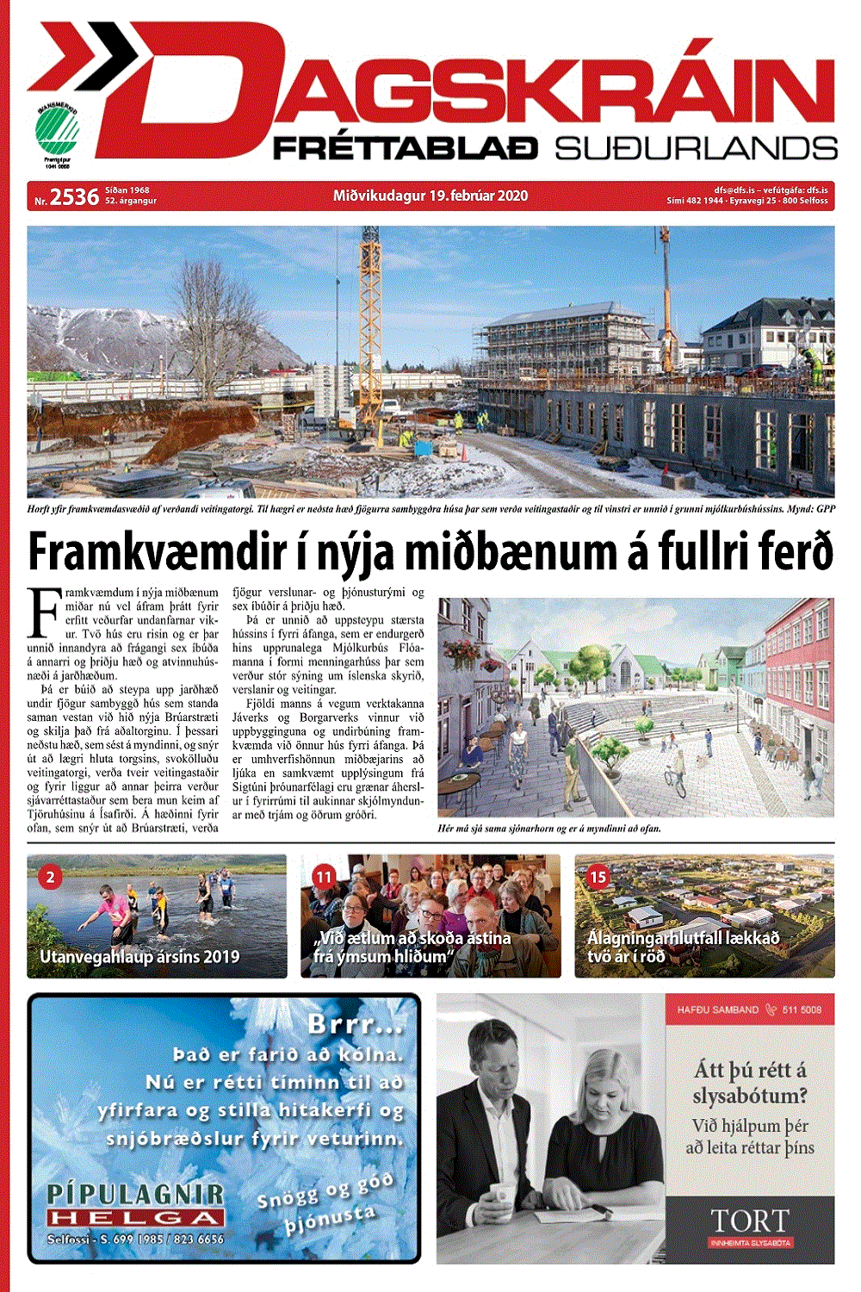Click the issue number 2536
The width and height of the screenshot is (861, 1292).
pyautogui.click(x=74, y=196)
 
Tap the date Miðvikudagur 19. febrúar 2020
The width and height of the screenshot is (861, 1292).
pyautogui.click(x=430, y=196)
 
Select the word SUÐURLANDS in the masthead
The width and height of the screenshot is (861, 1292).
pyautogui.click(x=696, y=148)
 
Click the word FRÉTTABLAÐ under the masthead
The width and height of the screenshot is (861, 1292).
pyautogui.click(x=406, y=148)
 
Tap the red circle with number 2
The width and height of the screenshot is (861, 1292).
pyautogui.click(x=50, y=877)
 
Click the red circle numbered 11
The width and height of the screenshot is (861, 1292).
pyautogui.click(x=324, y=877)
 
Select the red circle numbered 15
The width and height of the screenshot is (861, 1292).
pyautogui.click(x=598, y=877)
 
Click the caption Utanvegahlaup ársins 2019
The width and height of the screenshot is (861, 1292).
pyautogui.click(x=139, y=956)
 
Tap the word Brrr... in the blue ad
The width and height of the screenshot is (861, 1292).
pyautogui.click(x=355, y=1025)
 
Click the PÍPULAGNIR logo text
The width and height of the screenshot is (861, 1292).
pyautogui.click(x=135, y=1194)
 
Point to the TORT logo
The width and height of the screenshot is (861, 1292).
pyautogui.click(x=749, y=1221)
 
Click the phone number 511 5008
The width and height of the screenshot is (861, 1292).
pyautogui.click(x=802, y=1009)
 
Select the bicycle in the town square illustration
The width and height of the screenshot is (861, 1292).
pyautogui.click(x=676, y=782)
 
